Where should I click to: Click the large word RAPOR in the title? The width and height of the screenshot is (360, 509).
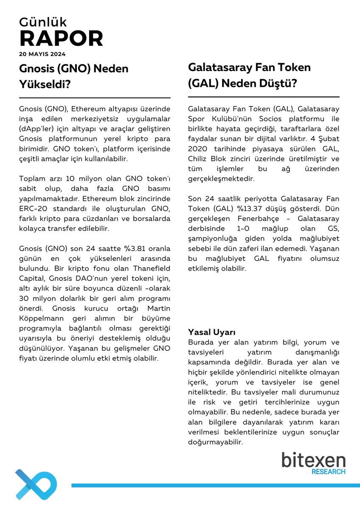click(61, 39)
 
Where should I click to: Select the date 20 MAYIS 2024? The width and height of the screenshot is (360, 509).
click(42, 54)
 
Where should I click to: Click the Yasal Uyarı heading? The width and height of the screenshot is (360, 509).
click(211, 332)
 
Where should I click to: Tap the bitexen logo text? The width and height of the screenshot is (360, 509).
click(313, 460)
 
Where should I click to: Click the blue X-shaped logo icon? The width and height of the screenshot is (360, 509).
click(36, 484)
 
